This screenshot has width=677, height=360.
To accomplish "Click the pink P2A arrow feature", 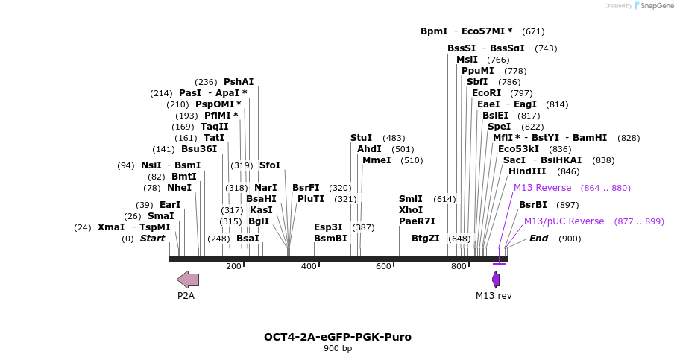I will click(188, 280).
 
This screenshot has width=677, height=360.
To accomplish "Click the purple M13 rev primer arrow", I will click(496, 280).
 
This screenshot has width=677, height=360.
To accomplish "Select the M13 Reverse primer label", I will click(542, 188).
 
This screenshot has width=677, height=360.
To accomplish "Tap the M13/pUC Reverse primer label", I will click(564, 221).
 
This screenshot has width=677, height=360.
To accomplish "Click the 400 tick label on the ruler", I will click(309, 267).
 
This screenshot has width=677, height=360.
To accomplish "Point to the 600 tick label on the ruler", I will click(383, 267).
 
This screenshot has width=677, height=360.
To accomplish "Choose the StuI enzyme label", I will click(361, 138).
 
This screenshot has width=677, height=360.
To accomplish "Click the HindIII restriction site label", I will click(527, 171).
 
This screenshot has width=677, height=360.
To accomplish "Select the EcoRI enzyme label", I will click(486, 93).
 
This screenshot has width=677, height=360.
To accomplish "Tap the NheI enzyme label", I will click(179, 188).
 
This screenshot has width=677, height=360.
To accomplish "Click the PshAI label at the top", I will click(239, 82).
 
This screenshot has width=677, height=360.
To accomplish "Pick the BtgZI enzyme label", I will click(426, 239).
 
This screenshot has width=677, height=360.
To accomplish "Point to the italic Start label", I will click(152, 239).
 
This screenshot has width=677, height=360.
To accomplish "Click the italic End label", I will click(538, 239).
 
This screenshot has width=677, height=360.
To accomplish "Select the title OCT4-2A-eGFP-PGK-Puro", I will click(338, 337).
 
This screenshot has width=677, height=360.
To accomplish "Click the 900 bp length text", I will click(338, 349).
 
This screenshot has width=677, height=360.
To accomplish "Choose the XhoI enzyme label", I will click(411, 210).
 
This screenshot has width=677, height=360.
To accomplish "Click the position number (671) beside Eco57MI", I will click(533, 31).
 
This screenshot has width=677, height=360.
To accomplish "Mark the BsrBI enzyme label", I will click(533, 205).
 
